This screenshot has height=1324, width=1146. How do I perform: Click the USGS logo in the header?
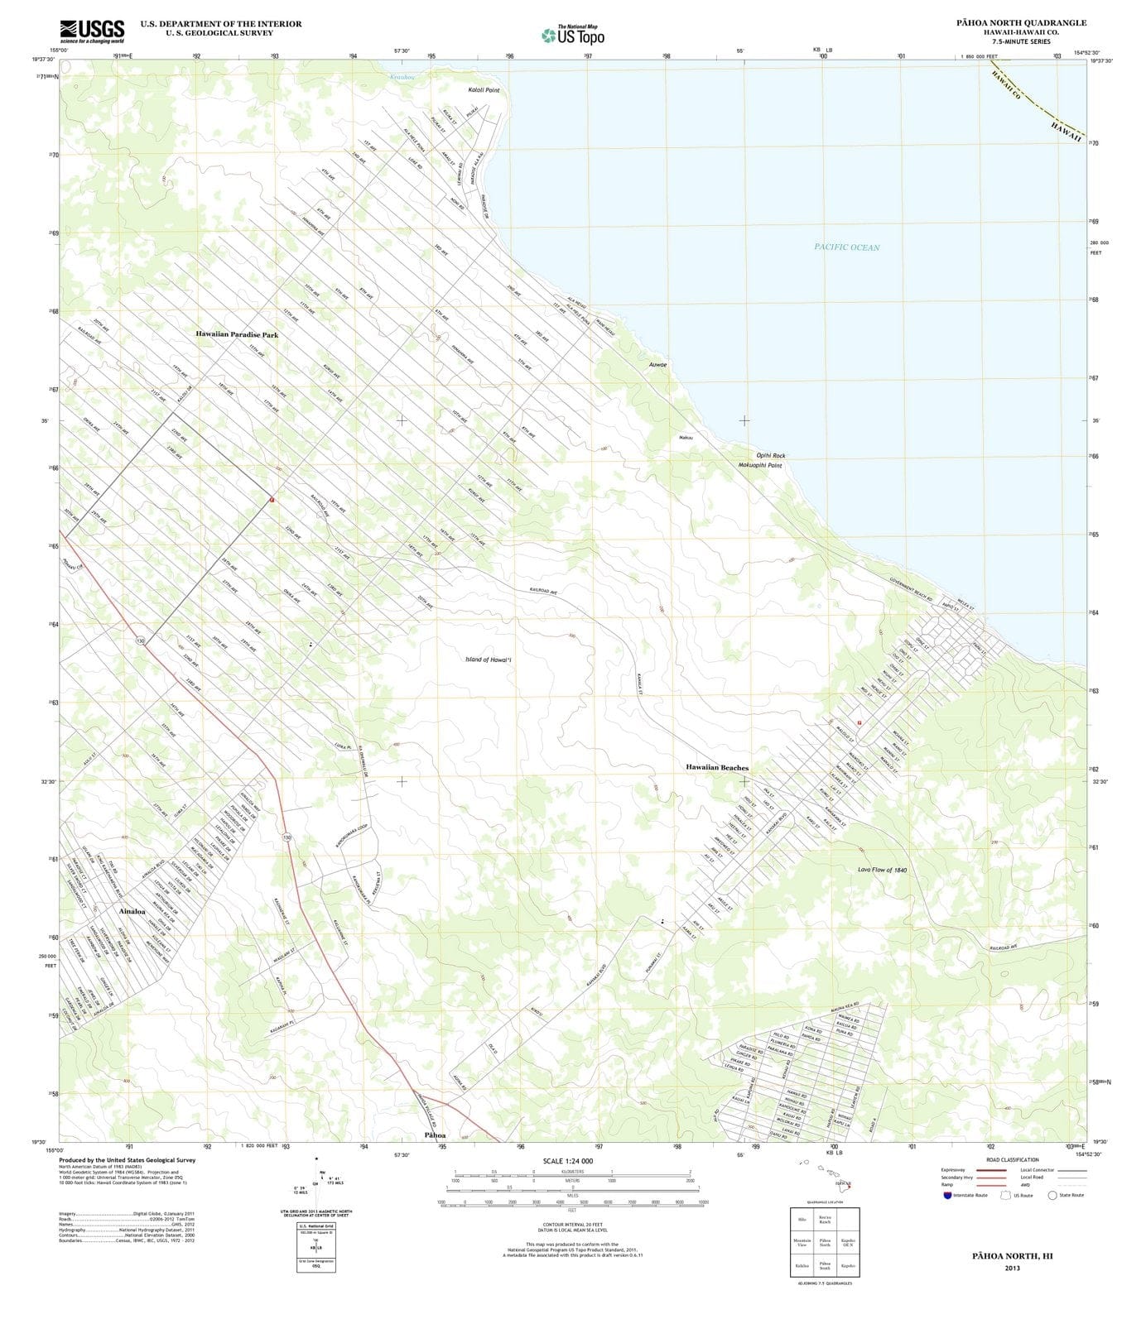pos(92,31)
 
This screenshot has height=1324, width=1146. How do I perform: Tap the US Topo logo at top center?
pos(573,35)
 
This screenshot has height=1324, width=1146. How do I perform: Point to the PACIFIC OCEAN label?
pos(846,247)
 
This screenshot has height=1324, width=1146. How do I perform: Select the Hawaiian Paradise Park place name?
pos(237,334)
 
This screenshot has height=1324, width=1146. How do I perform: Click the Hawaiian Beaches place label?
pos(716,767)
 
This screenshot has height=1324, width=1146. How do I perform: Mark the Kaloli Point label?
pos(484,89)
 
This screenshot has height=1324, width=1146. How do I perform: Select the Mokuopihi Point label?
pos(759,465)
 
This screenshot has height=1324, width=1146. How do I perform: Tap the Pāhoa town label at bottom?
pos(435,1135)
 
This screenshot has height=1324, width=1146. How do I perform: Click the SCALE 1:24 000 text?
pos(567,1161)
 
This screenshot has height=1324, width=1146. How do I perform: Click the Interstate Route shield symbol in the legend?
pos(947,1195)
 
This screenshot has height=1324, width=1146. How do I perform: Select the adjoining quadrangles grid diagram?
pos(824,1242)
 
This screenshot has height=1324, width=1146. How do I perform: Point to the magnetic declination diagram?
pos(316,1183)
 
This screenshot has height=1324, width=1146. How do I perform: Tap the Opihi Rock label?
pos(770,455)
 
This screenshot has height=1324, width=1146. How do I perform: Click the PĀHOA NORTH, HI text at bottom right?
pos(1012,1255)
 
